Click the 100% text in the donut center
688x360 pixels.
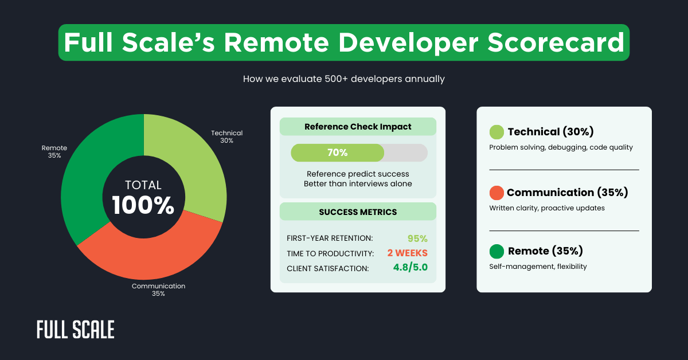(x=143, y=206)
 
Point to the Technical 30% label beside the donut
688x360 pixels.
(x=226, y=136)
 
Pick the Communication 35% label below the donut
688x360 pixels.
(x=158, y=289)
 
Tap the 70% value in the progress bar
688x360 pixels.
(x=337, y=152)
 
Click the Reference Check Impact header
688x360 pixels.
(x=358, y=127)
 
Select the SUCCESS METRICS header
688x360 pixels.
(x=358, y=212)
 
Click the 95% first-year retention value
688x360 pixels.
(x=417, y=238)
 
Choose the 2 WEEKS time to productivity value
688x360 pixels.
(x=407, y=253)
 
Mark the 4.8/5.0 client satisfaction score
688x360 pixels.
(x=410, y=267)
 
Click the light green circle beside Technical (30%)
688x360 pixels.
(x=497, y=132)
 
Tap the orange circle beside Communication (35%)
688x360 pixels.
(x=497, y=193)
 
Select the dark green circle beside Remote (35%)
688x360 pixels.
(x=497, y=251)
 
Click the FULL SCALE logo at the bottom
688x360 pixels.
(x=76, y=330)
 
